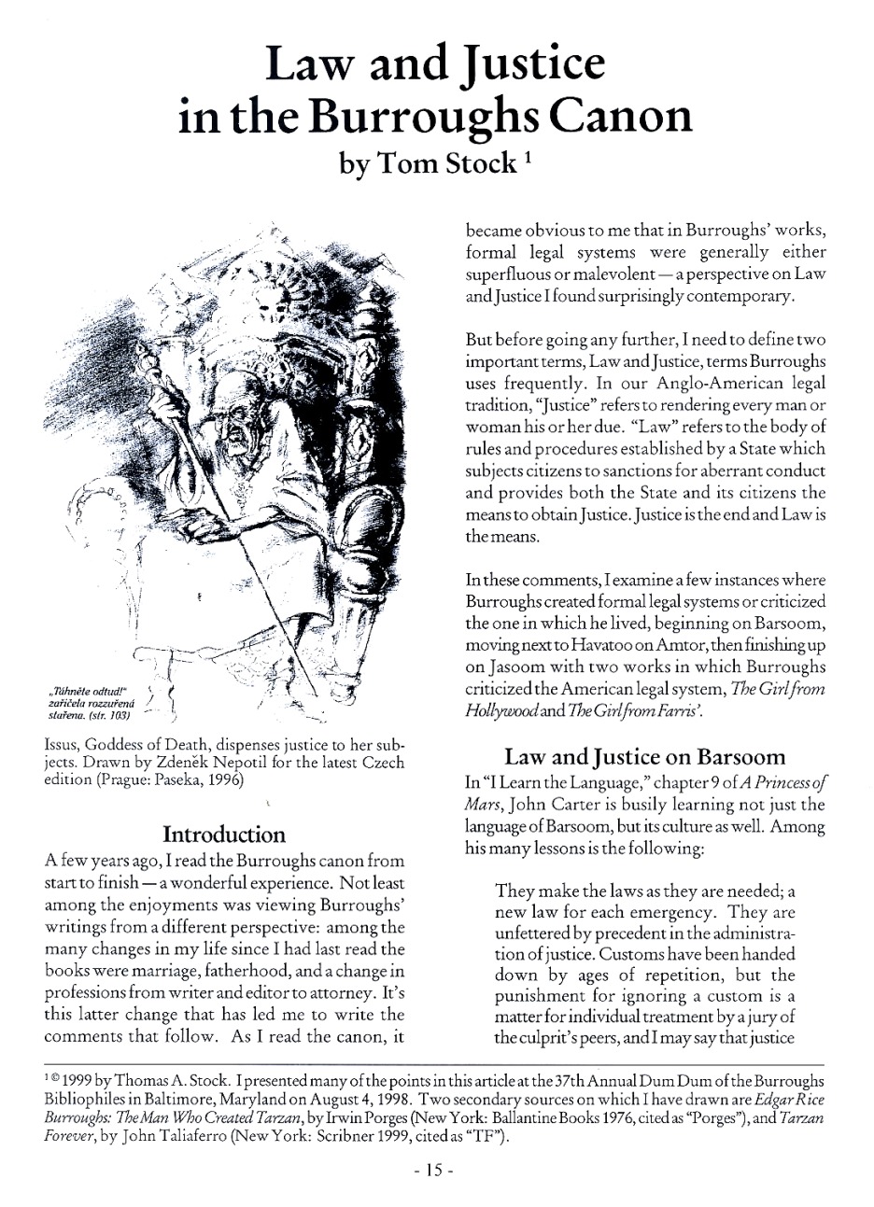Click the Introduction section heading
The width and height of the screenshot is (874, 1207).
click(224, 833)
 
